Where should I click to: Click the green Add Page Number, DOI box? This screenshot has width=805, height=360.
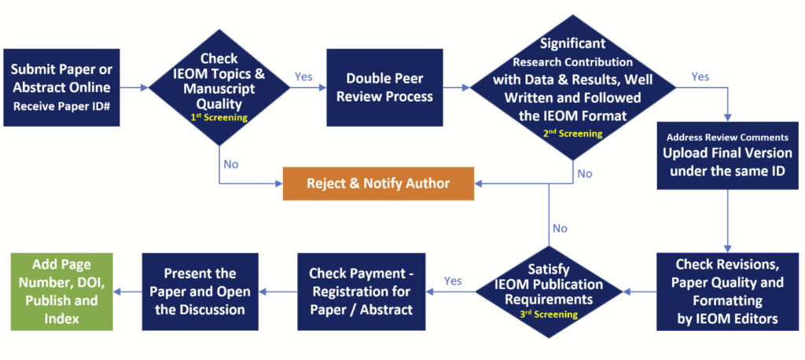tap(62, 291)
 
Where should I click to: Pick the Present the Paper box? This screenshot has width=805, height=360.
tap(200, 291)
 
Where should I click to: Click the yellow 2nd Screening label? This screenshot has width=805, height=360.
tap(572, 133)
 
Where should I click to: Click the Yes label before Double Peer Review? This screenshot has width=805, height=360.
tap(303, 77)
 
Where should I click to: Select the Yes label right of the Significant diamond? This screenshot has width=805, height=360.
tap(699, 77)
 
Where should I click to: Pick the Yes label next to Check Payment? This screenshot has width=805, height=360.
tap(452, 281)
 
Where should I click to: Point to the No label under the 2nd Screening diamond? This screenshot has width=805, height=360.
tap(584, 174)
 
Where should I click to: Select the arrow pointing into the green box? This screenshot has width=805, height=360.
tap(126, 292)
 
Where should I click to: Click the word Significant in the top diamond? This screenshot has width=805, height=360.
tap(572, 45)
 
